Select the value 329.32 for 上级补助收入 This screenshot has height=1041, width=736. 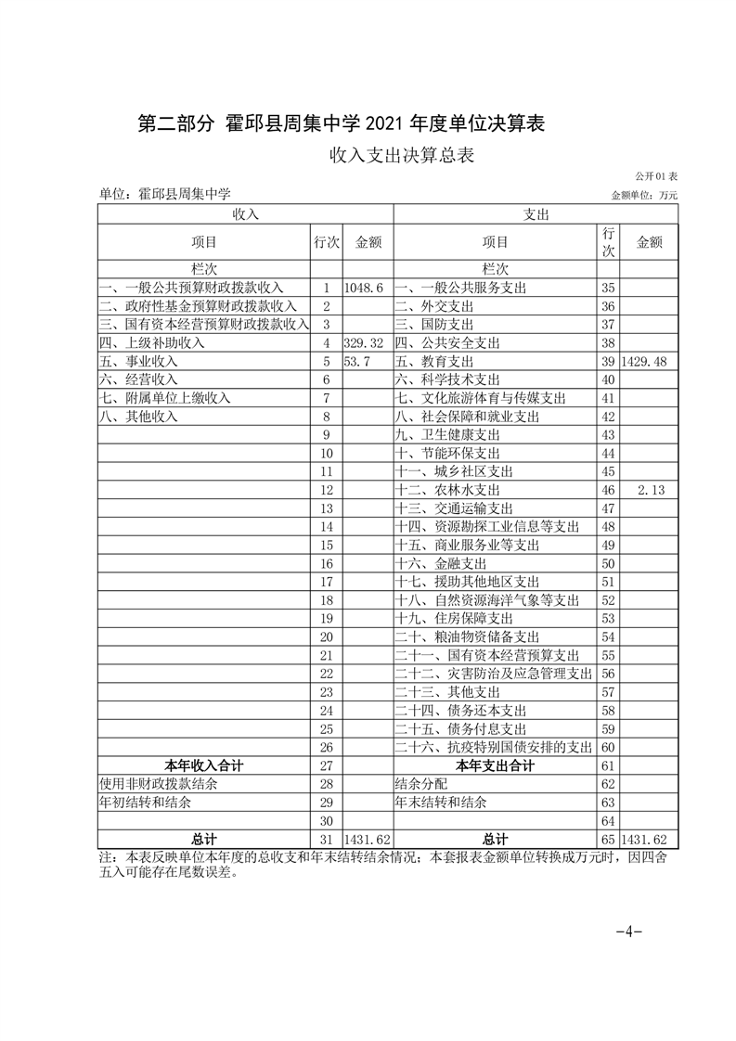pyautogui.click(x=364, y=342)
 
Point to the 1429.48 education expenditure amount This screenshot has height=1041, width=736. pyautogui.click(x=649, y=361)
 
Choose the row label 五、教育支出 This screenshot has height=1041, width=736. pyautogui.click(x=434, y=361)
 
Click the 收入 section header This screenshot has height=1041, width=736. pyautogui.click(x=246, y=214)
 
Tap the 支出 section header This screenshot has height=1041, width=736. pyautogui.click(x=536, y=214)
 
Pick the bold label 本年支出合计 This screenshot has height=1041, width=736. pyautogui.click(x=495, y=765)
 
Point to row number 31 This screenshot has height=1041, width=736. pyautogui.click(x=326, y=840)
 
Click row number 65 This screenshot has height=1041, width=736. pyautogui.click(x=609, y=840)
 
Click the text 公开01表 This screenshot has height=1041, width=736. pyautogui.click(x=656, y=176)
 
